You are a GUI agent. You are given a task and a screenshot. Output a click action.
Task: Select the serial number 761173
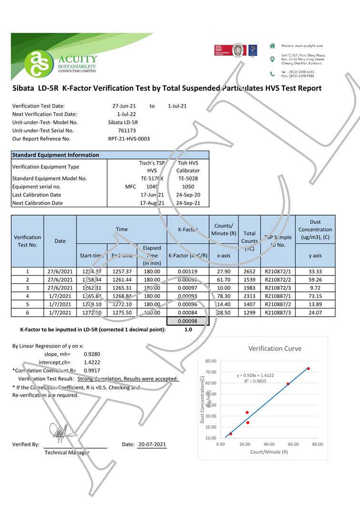coord(126,130)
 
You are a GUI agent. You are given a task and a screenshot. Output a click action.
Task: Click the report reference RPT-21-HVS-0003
coord(129,139)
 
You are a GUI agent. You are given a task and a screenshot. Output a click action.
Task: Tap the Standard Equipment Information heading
coord(56,155)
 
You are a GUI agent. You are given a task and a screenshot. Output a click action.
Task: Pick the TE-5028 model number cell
coord(188,179)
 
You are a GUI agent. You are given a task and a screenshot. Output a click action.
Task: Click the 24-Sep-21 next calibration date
coord(188,203)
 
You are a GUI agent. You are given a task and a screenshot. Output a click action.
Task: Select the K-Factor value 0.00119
coord(188,271)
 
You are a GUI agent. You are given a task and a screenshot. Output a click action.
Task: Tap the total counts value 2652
coord(250,271)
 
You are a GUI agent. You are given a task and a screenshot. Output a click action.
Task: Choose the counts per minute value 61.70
coord(223,279)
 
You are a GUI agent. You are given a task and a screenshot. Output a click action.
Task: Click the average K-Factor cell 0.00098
coord(188,321)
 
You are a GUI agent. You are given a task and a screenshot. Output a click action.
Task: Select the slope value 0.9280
coord(91,354)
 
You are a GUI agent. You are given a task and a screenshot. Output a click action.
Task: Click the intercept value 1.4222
coord(91,362)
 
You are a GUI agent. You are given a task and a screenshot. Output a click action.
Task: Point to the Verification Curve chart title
coord(275,349)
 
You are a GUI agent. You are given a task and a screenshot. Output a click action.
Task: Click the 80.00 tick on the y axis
coord(210,361)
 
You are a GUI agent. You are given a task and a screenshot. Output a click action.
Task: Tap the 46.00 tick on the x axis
coord(269,444)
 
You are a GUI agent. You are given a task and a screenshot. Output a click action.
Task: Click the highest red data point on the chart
coord(309,369)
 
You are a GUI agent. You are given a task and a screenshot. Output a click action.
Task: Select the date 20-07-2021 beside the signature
coord(152,444)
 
